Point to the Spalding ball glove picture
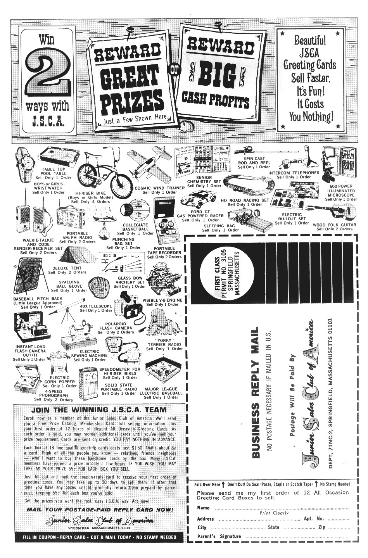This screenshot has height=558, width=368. (x=99, y=287)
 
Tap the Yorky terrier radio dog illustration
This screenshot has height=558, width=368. (x=163, y=324)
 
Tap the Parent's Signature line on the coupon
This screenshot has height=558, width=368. (x=271, y=536)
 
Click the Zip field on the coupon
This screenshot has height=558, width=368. (x=333, y=527)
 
